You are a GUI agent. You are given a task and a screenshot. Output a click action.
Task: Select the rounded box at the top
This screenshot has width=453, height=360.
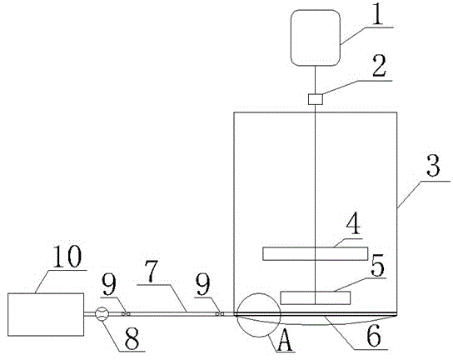pos(316,37)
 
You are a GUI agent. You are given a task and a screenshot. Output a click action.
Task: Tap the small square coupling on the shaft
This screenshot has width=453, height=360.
pos(316,99)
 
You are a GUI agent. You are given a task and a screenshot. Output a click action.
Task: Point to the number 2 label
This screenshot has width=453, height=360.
pos(379,68)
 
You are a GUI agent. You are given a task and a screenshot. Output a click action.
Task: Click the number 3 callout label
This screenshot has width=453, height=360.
pos(433,165)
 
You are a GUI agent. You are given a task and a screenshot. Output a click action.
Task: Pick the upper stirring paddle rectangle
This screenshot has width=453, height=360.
pos(316,253)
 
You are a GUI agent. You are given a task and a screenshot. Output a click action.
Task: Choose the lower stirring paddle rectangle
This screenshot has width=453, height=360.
pos(316,297)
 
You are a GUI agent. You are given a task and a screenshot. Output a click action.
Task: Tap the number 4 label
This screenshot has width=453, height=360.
pos(353,223)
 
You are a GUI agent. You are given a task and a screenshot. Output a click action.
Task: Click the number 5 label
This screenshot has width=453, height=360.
pos(377,266)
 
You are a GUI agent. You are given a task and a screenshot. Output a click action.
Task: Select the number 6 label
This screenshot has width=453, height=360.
pos(374,337)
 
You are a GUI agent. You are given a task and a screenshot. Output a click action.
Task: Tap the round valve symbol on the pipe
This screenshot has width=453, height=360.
pos(102,314)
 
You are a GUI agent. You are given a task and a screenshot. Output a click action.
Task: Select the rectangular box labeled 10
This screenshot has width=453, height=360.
pos(46,315)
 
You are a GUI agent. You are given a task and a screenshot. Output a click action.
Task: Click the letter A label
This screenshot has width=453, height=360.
pos(285,341)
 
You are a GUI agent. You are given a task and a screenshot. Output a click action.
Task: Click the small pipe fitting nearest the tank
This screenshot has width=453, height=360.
pos(220,314)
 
